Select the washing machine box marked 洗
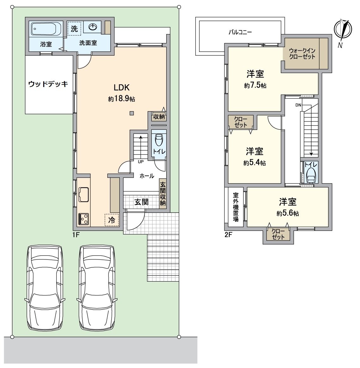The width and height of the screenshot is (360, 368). coord(74,28)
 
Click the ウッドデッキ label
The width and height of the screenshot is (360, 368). coord(48,84)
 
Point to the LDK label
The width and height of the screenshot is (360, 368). coord(122,88)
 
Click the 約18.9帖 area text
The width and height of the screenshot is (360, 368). coord(121,99)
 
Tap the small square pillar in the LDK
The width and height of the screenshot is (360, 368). coord(132,113)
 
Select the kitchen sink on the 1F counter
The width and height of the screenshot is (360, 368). coord(83,195)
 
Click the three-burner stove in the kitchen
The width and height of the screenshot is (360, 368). coord(83,219)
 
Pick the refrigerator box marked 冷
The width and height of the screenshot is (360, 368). coord(112,220)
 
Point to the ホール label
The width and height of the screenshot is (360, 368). coord(147,176)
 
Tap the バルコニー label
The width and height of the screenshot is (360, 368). coord(240,32)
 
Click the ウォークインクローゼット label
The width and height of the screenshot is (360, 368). coord(302,54)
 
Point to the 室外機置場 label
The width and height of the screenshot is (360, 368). coord(236,207)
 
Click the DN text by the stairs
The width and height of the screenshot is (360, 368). coord(298,105)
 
